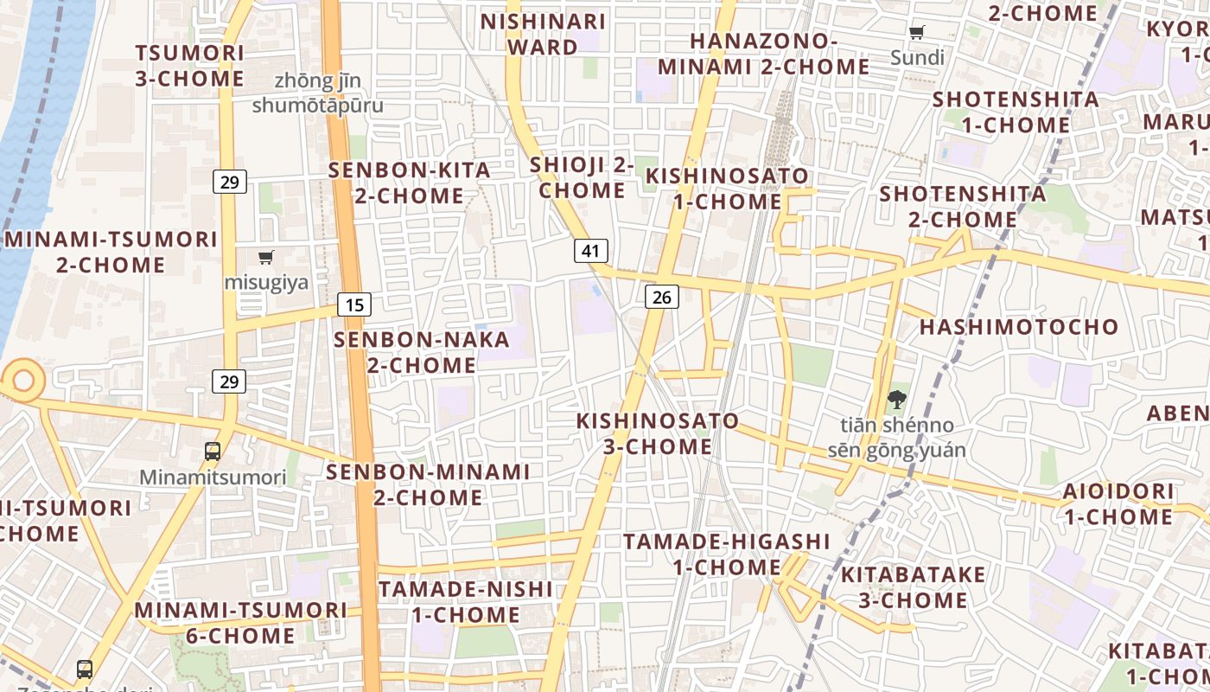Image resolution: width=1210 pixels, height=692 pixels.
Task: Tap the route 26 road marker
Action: tap(661, 298)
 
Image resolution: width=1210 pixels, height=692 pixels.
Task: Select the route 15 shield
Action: tap(354, 304)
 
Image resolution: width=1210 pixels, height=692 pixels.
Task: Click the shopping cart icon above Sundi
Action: tap(917, 33)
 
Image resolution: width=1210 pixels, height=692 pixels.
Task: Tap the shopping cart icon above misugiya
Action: tap(265, 257)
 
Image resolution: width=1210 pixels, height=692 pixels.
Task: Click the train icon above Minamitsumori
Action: tap(213, 451)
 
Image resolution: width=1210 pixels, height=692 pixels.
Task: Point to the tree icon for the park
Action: tap(896, 400)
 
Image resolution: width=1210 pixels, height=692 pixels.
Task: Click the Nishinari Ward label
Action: tap(543, 34)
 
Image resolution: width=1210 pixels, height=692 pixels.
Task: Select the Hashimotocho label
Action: tap(1019, 327)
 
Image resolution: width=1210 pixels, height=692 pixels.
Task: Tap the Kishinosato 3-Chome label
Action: tap(658, 433)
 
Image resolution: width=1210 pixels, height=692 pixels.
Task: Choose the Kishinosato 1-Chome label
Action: tap(727, 189)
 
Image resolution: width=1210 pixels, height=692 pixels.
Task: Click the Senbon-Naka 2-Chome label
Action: tap(422, 352)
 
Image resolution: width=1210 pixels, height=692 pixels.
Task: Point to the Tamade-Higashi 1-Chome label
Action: tap(726, 554)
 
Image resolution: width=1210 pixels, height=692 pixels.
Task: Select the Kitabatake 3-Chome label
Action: tap(913, 587)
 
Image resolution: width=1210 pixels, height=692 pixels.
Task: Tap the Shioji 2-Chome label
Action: tap(582, 177)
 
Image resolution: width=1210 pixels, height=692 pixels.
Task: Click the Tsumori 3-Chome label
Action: tap(189, 66)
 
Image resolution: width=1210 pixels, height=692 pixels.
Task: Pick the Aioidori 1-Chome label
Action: tap(1118, 504)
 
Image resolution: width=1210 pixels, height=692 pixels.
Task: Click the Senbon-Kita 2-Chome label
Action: tap(409, 183)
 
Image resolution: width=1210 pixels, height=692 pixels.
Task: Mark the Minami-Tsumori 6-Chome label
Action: tap(240, 623)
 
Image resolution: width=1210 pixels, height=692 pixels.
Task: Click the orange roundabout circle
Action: tap(22, 380)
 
